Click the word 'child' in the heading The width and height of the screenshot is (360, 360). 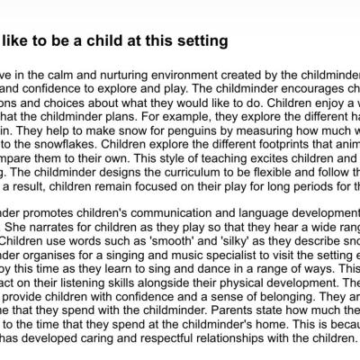tap(104, 41)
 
